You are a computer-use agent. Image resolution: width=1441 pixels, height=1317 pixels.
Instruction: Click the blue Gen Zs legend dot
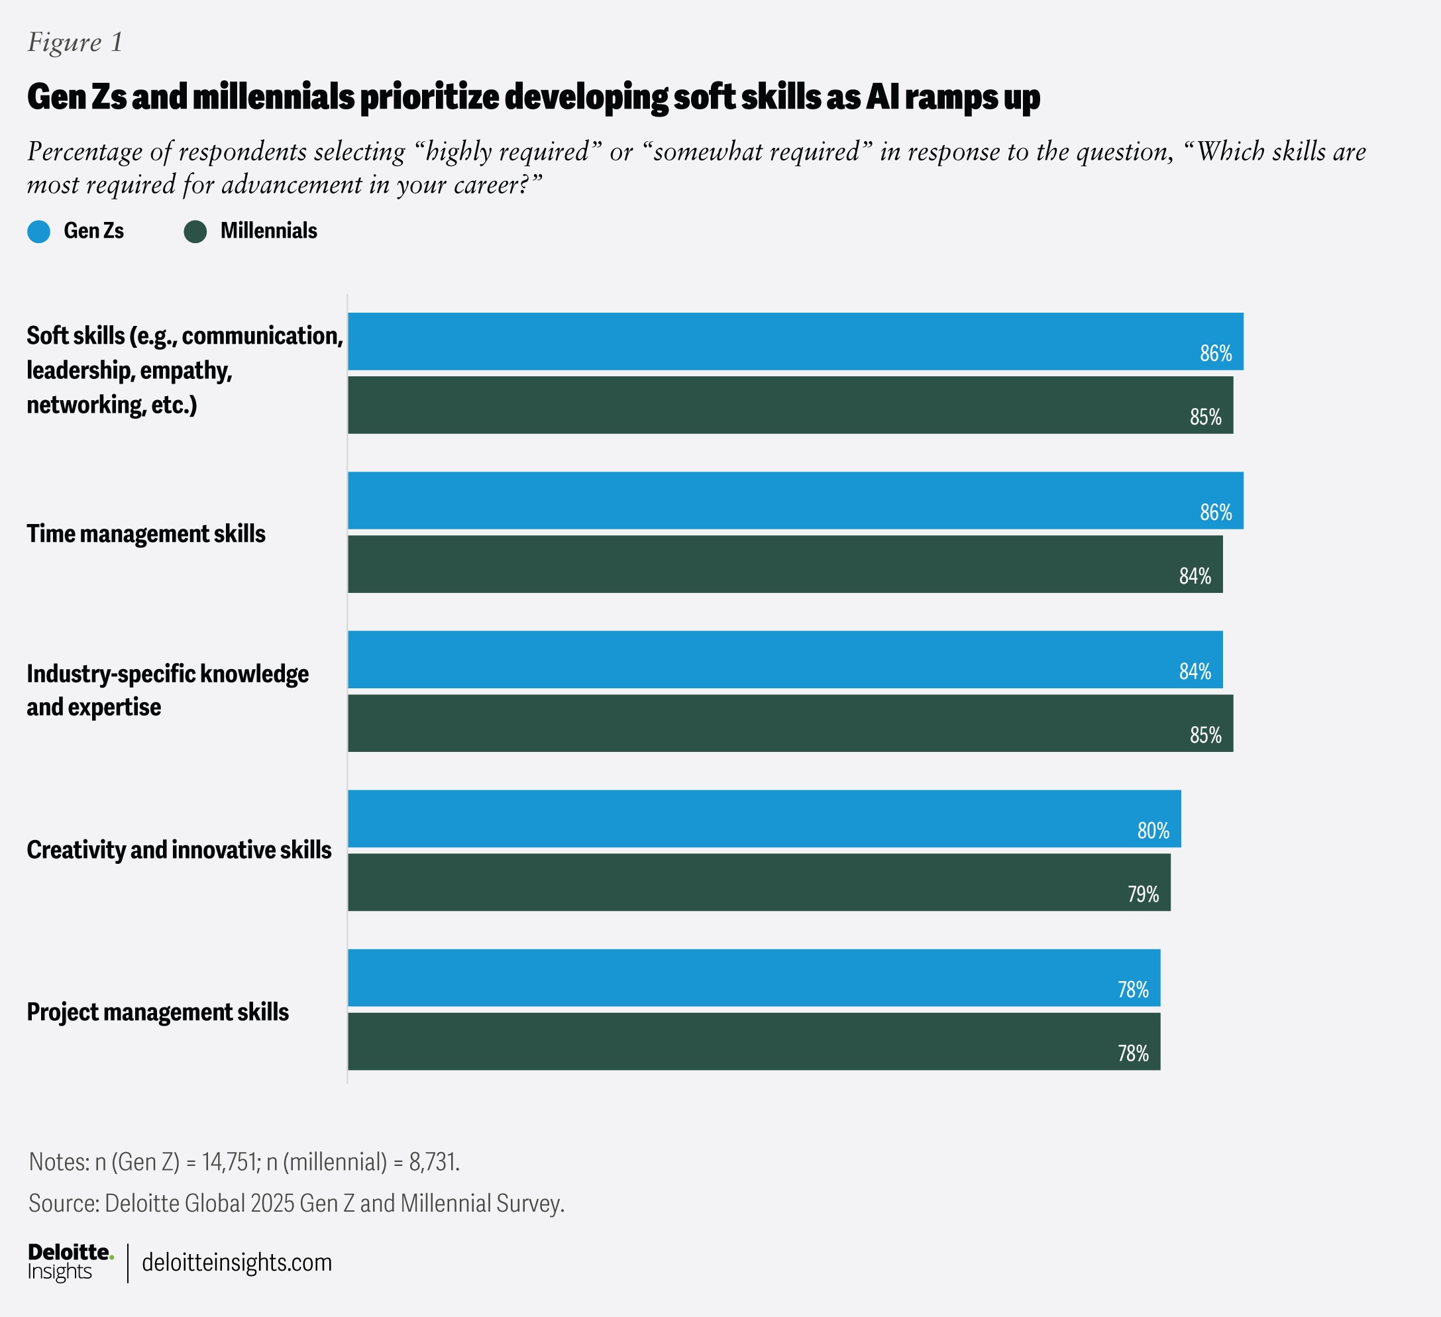point(38,231)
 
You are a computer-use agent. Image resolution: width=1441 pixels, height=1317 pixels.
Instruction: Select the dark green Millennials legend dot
point(195,231)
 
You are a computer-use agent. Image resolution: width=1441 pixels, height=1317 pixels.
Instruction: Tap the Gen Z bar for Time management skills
point(795,500)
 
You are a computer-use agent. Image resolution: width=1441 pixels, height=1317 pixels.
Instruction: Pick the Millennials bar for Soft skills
point(790,405)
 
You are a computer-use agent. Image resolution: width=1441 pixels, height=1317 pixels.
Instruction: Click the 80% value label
point(1153,830)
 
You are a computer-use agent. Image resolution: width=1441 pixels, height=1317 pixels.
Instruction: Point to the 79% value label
point(1143,894)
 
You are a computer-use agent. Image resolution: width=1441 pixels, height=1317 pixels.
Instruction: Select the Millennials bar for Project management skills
point(753,1041)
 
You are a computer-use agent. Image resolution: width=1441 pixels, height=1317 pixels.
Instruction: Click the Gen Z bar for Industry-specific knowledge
point(785,660)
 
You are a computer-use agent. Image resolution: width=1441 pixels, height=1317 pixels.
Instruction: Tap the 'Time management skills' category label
point(146,534)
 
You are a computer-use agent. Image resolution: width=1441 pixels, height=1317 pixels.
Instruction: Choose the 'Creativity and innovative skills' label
point(179,850)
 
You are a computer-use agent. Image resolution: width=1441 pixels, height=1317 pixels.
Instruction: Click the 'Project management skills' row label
point(157,1012)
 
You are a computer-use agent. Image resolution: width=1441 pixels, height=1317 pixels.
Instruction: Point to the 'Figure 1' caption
point(75,43)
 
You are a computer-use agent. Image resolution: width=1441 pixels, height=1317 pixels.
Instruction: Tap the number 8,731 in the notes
point(433,1162)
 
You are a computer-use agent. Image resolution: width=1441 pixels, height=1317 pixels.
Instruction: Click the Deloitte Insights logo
point(70,1262)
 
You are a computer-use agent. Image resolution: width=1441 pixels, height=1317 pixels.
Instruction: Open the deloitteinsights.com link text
point(237,1263)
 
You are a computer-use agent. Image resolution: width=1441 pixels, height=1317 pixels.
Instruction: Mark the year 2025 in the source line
point(272,1203)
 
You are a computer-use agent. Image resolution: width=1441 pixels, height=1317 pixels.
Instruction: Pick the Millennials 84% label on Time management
point(1195,576)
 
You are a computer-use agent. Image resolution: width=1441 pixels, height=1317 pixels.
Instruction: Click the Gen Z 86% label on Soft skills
point(1215,353)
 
